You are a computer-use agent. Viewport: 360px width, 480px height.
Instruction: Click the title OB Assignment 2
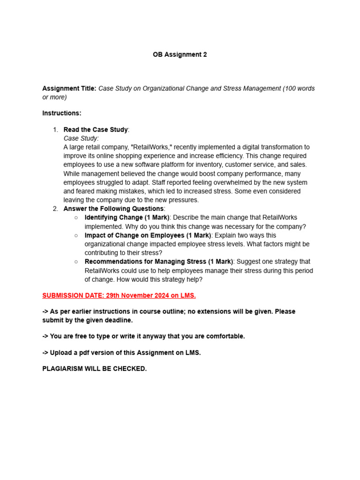[180, 54]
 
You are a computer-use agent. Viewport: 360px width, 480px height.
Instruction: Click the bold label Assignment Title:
[69, 89]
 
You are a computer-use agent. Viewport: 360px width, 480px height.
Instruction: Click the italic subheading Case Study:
[81, 138]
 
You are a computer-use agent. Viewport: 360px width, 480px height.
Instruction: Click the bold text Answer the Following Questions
[114, 209]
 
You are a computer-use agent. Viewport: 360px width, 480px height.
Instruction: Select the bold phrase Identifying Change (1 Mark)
[127, 217]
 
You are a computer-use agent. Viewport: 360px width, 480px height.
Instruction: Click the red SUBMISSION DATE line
[119, 295]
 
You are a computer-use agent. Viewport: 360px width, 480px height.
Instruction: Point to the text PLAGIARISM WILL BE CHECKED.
[94, 369]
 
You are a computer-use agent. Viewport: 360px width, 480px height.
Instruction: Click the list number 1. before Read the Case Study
[55, 130]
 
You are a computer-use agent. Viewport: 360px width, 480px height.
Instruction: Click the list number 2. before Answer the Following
[55, 209]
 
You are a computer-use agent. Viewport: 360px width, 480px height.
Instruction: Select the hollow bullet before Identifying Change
[76, 218]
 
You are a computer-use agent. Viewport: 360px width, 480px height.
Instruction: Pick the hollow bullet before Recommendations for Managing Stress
[76, 262]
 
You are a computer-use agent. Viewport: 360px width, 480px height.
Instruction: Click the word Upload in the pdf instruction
[60, 353]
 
